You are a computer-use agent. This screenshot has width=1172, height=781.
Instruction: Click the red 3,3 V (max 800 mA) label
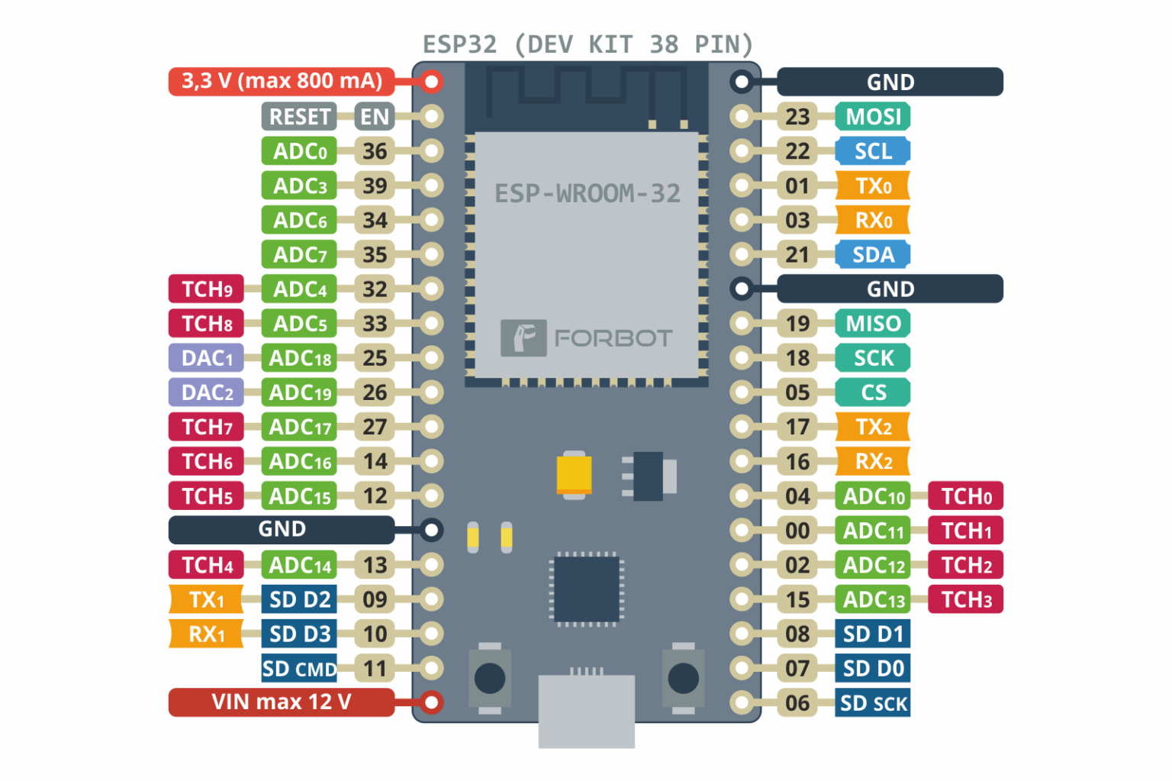tap(281, 81)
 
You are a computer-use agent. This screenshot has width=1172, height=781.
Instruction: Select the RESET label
tap(299, 117)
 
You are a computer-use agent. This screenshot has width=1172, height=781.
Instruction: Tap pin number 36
tap(375, 151)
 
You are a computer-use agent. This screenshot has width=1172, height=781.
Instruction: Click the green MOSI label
tap(873, 117)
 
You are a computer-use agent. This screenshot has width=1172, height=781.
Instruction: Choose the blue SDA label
tap(873, 254)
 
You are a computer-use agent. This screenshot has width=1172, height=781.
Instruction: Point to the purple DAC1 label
tap(206, 358)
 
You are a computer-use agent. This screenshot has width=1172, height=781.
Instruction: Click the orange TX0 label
tap(873, 186)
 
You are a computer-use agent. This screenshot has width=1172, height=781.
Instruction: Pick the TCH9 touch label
tap(206, 289)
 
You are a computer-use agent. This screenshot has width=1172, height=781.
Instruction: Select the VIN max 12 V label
tap(281, 702)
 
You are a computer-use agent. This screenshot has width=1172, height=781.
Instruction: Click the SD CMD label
tap(299, 669)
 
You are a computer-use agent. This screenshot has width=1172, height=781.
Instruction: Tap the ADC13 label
tap(873, 600)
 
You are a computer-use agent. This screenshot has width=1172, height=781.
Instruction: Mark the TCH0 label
tap(965, 496)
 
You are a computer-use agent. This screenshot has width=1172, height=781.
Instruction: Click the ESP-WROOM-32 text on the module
tap(587, 194)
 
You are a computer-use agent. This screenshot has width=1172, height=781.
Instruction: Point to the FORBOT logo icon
tap(523, 337)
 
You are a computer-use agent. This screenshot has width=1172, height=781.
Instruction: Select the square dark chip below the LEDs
tap(586, 589)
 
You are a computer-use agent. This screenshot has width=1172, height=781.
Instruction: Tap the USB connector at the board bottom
tap(586, 710)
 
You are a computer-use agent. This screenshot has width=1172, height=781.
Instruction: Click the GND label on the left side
tap(281, 530)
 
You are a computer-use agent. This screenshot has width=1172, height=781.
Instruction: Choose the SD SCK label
tap(873, 703)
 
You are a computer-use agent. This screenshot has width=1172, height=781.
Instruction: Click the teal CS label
tap(873, 392)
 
